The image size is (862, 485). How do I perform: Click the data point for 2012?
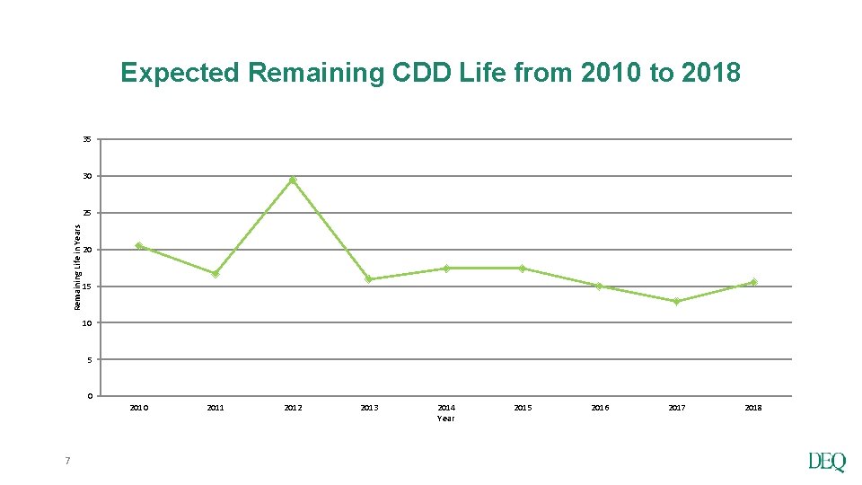coord(293,180)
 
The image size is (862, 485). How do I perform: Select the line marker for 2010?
coord(139,246)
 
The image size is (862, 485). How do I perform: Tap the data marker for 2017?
coord(676,302)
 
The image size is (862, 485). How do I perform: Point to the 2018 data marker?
coord(753,282)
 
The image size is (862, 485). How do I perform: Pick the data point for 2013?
coord(369,279)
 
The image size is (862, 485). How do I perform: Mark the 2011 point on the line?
coord(215,274)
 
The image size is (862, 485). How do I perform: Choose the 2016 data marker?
coord(599,287)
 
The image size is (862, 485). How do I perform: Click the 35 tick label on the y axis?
coord(86,140)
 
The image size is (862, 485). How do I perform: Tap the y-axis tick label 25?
coord(86,214)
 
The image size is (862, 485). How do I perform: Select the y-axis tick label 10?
coord(86,323)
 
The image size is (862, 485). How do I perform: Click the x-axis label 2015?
coord(523,408)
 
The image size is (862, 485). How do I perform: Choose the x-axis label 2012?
coord(293,408)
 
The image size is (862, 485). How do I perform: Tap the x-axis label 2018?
coord(753,408)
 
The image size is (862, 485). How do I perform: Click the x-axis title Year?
coord(446,419)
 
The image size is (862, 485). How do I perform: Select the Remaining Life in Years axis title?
coord(76,268)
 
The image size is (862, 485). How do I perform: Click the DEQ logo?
coord(826,463)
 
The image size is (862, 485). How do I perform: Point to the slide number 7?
coord(67,462)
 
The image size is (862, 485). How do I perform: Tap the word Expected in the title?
coord(180,73)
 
